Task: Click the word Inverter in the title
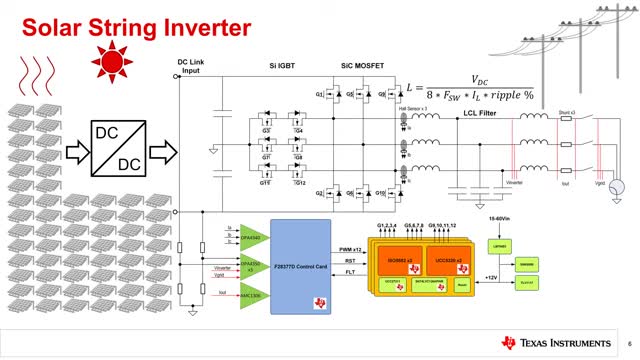[x=199, y=20]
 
